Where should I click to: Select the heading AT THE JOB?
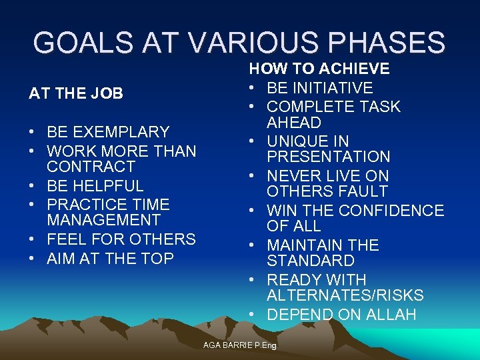coord(76,93)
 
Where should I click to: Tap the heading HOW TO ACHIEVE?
coord(319,69)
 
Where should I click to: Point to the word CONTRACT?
coord(91,167)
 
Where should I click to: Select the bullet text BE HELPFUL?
coord(95,186)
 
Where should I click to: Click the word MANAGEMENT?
coord(103,220)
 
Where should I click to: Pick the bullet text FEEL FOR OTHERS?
coord(121,239)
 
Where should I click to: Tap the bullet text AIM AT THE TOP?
coord(110,259)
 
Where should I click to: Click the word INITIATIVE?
coord(331,88)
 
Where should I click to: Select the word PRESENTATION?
coord(329,157)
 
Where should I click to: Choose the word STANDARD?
coord(311,261)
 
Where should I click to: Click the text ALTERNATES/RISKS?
coord(345,295)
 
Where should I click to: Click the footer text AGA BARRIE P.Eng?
coord(239,345)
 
